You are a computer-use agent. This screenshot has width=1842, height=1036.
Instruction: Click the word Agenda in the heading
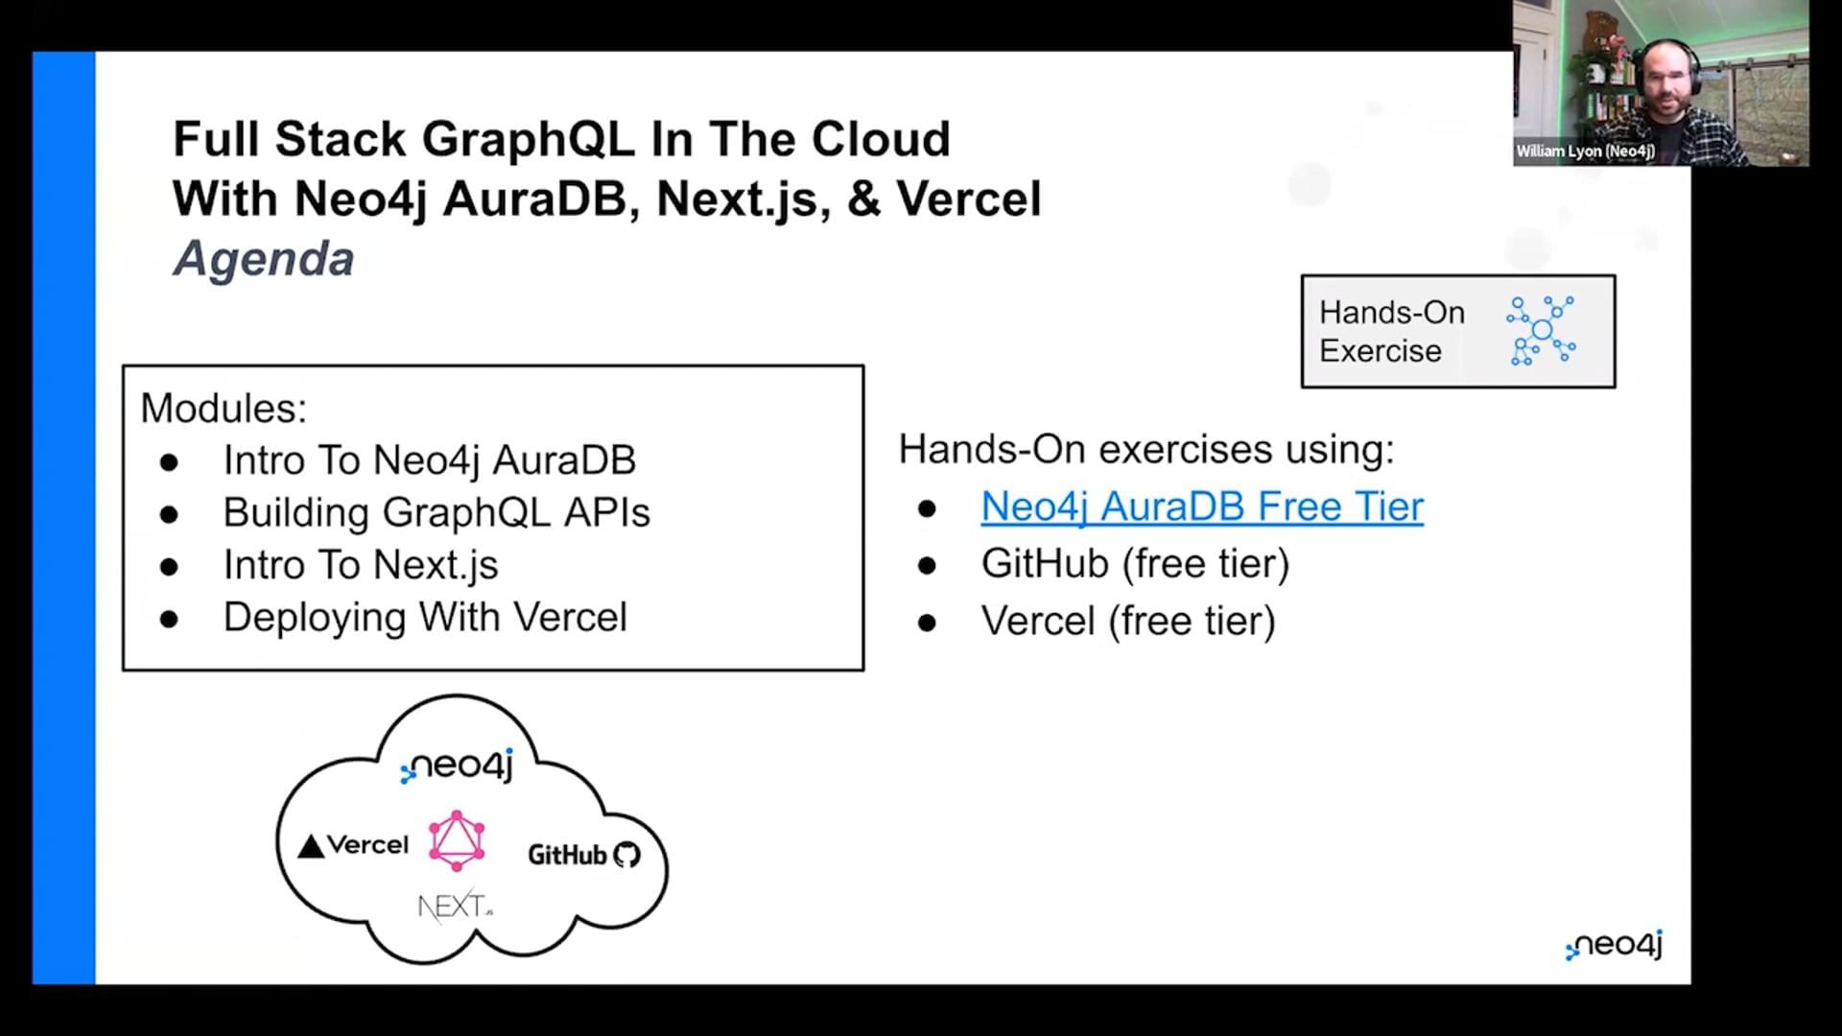[264, 259]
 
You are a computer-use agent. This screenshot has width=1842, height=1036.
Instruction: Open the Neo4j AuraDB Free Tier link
[1202, 506]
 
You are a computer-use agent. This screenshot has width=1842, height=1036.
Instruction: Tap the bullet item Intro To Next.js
[361, 565]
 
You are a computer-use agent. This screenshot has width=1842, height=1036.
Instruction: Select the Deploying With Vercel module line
[425, 618]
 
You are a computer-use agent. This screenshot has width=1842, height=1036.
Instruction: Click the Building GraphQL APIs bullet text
[437, 512]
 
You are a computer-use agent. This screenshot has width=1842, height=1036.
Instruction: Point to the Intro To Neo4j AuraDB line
[430, 460]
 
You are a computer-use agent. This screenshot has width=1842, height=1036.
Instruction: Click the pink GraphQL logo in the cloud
[457, 840]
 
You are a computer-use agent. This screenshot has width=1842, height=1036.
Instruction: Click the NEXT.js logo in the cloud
[456, 906]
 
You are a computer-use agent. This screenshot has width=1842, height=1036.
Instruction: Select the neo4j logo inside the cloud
[457, 765]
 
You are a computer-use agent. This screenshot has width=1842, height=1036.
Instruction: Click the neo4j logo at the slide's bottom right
[1614, 945]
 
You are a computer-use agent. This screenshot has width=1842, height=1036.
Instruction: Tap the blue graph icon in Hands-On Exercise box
[1541, 331]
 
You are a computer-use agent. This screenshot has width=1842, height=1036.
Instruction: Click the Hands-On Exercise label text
[1392, 332]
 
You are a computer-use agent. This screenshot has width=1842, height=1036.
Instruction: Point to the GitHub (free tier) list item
[1135, 564]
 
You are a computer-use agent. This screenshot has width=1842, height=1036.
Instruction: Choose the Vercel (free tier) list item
[1128, 622]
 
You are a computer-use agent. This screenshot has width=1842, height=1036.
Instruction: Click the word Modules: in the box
[224, 409]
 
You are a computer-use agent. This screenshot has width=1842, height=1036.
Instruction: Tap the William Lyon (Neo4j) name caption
[1585, 152]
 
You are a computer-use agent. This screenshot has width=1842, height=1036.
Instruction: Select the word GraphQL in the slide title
[529, 140]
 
